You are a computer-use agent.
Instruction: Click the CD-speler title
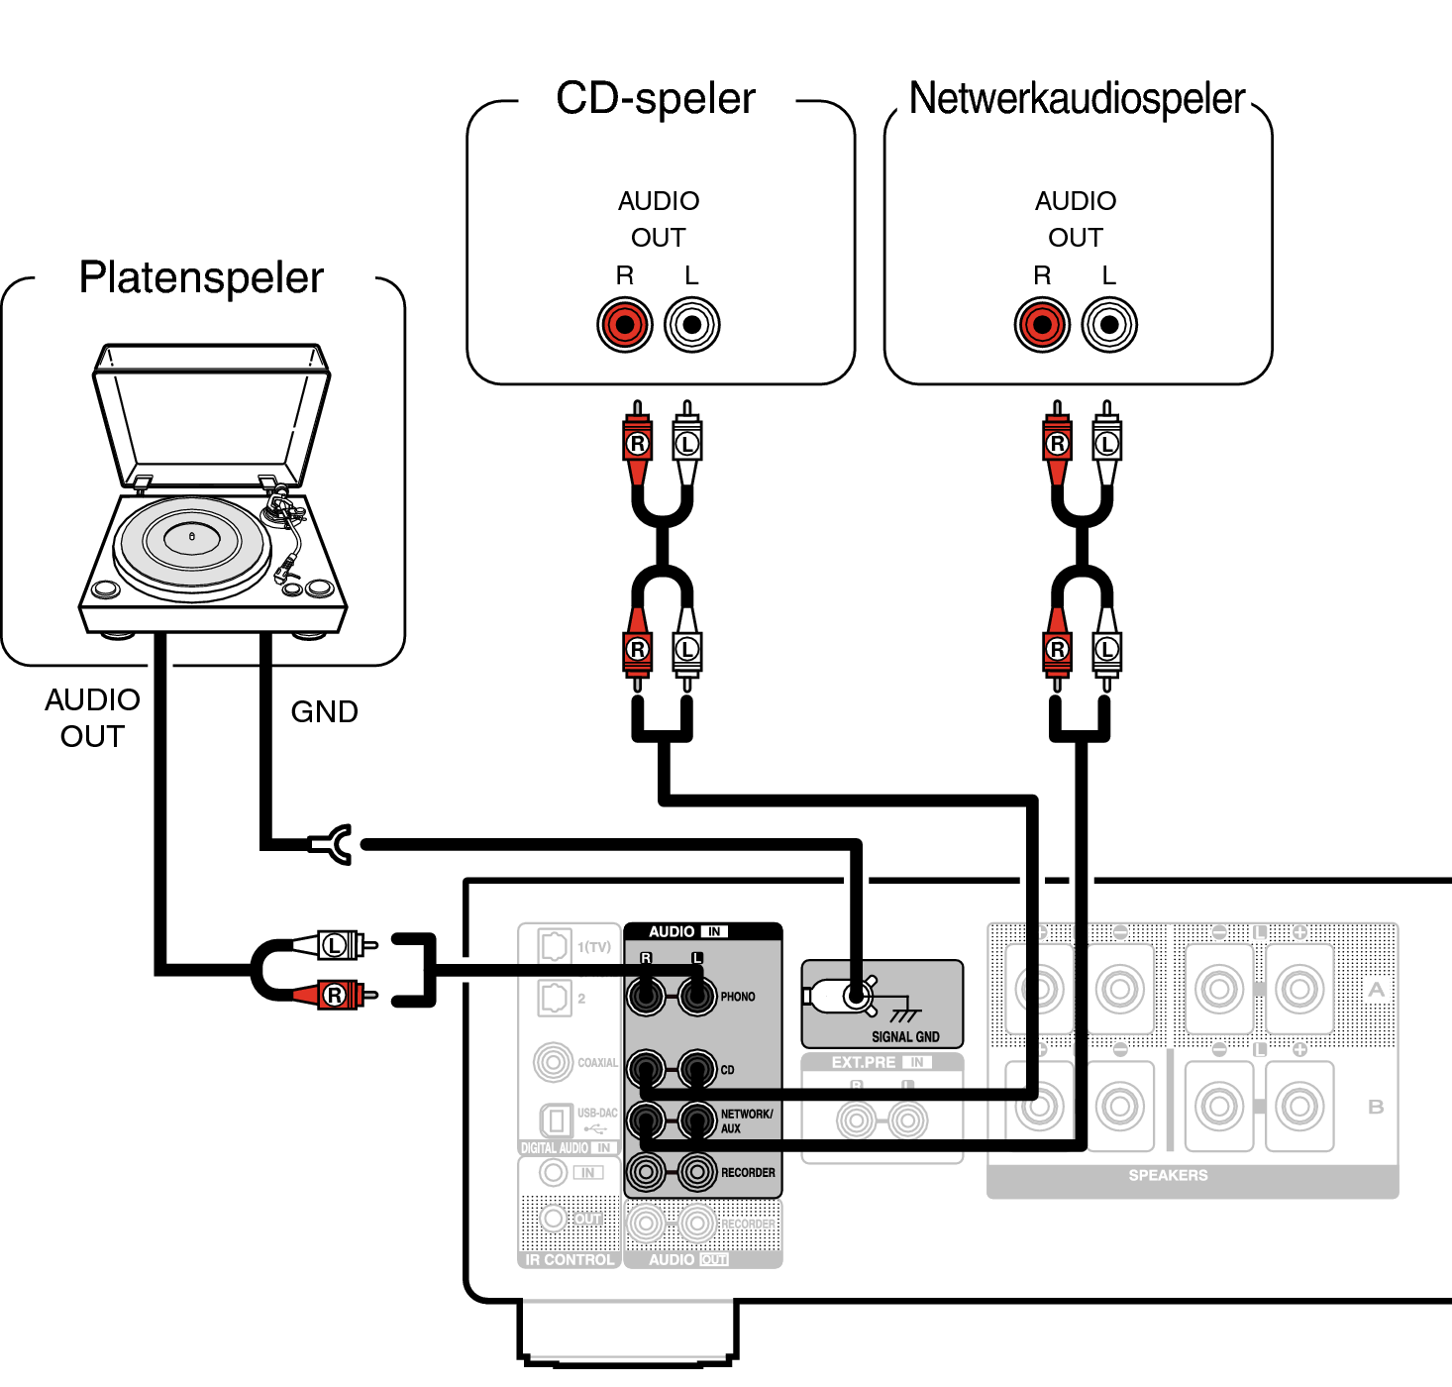pyautogui.click(x=655, y=99)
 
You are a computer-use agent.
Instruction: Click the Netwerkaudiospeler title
pyautogui.click(x=1077, y=99)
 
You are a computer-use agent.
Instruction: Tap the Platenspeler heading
pyautogui.click(x=201, y=277)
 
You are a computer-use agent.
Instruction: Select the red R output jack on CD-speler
pyautogui.click(x=625, y=324)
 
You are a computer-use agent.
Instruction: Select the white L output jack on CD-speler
pyautogui.click(x=692, y=324)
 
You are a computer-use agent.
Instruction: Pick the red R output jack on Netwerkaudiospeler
pyautogui.click(x=1042, y=324)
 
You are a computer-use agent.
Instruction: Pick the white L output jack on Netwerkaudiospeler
pyautogui.click(x=1109, y=324)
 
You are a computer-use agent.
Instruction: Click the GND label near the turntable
pyautogui.click(x=324, y=711)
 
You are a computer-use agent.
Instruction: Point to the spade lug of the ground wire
pyautogui.click(x=335, y=844)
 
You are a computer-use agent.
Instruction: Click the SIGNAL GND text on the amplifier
pyautogui.click(x=905, y=1037)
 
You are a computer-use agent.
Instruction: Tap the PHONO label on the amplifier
pyautogui.click(x=738, y=997)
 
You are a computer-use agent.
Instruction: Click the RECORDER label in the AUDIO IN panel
pyautogui.click(x=748, y=1173)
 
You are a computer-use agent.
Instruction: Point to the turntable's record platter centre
pyautogui.click(x=192, y=537)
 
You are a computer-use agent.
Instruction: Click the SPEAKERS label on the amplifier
pyautogui.click(x=1168, y=1175)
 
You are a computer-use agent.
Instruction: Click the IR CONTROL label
pyautogui.click(x=569, y=1260)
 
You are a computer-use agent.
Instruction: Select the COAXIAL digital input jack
pyautogui.click(x=553, y=1062)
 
